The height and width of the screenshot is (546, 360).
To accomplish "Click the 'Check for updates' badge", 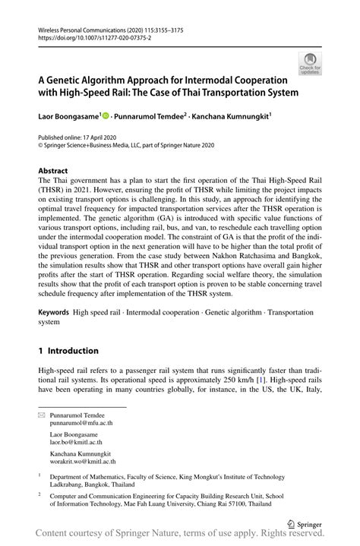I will coord(310,63).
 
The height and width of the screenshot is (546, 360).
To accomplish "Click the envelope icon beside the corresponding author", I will coord(41,416).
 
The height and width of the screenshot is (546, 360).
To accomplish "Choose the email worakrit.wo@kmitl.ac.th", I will coord(86,461).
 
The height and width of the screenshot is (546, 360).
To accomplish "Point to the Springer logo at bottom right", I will coord(307,524).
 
